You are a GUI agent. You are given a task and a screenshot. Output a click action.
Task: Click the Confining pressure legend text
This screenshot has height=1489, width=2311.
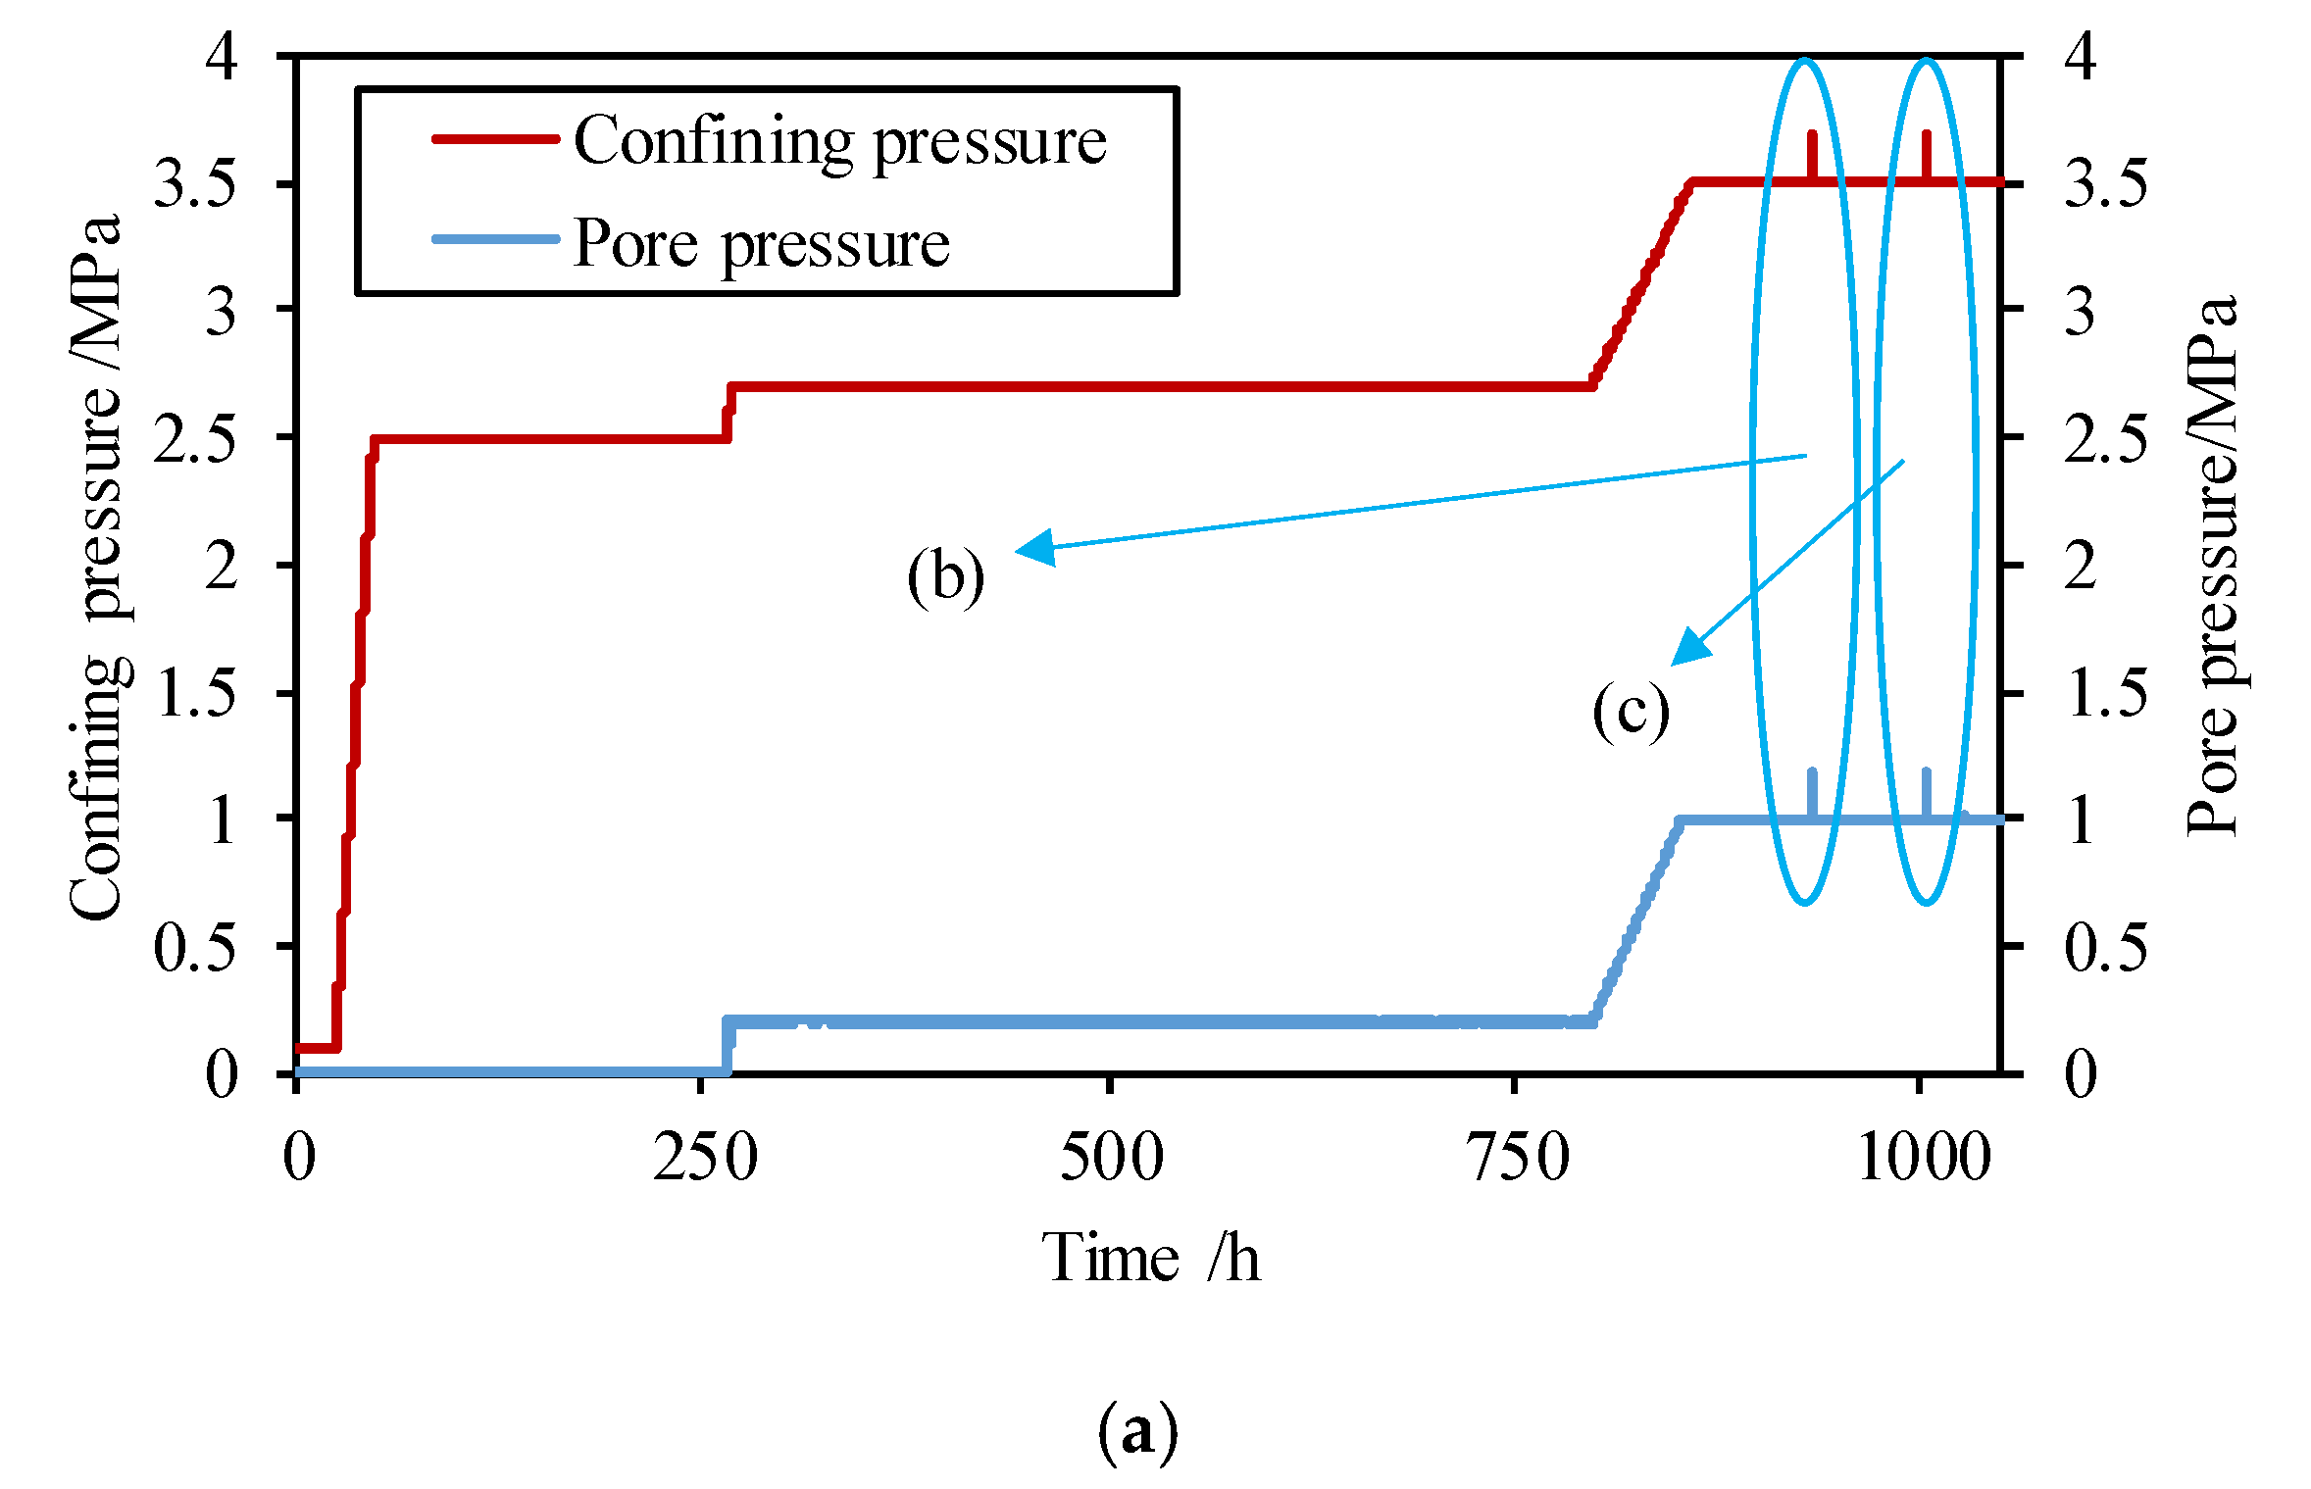(x=840, y=142)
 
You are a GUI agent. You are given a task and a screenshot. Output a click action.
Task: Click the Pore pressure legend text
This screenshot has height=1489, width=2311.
(x=761, y=244)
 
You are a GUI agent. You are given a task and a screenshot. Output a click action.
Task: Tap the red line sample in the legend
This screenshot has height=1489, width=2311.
(x=495, y=139)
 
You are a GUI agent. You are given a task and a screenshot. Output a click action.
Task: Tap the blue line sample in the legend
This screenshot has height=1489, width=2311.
(x=495, y=239)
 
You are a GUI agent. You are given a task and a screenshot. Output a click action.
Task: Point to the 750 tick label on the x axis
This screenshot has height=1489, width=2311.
(x=1516, y=1158)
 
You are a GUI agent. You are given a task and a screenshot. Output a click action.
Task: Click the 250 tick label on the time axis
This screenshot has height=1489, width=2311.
(x=705, y=1158)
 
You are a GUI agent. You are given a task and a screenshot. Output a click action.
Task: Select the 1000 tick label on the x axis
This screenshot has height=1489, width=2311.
(x=1924, y=1158)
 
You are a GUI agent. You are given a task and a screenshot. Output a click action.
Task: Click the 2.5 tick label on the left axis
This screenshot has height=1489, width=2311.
(x=195, y=438)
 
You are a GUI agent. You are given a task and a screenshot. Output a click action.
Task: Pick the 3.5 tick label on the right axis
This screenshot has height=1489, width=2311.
(x=2105, y=183)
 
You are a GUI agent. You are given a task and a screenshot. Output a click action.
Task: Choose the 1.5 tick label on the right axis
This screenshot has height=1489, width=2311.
(x=2105, y=694)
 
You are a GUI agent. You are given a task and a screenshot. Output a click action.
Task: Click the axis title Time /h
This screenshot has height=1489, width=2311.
(x=1149, y=1258)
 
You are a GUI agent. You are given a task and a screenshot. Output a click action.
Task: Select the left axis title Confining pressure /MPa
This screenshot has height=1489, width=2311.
(x=96, y=567)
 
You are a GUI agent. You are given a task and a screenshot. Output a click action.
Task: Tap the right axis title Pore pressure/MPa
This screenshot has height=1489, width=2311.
(x=2213, y=567)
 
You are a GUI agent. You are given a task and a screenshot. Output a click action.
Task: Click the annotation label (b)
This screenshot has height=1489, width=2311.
(x=945, y=576)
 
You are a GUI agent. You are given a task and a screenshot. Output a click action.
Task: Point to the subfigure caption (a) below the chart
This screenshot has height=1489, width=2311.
(x=1137, y=1432)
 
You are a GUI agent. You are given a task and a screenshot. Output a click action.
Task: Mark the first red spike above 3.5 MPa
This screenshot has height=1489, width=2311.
(x=1812, y=155)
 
